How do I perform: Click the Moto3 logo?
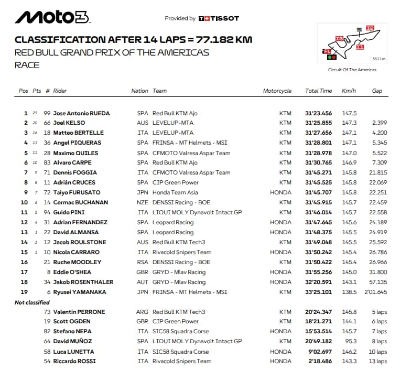(52, 17)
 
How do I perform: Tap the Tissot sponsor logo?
(219, 18)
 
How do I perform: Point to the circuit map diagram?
(352, 43)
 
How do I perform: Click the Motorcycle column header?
(277, 91)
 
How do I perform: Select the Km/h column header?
(349, 91)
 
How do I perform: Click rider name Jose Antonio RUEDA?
(81, 113)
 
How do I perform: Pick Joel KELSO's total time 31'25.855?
(318, 123)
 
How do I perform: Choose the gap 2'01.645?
(375, 292)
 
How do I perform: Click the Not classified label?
(32, 302)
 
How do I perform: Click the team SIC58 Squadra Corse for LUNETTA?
(180, 352)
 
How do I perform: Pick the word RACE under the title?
(27, 65)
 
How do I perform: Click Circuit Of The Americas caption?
(352, 70)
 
